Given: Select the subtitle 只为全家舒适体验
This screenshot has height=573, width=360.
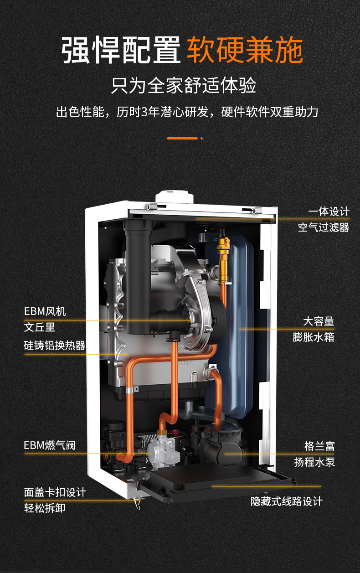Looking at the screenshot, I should click(184, 86).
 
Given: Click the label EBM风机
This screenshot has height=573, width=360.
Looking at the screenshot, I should click(45, 312).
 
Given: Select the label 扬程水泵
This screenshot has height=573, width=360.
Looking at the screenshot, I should click(314, 462).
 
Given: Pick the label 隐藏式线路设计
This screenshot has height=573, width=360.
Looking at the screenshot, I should click(287, 501).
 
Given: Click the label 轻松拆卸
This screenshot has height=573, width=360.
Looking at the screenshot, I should click(45, 508).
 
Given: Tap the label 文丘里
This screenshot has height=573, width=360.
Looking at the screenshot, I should click(40, 327).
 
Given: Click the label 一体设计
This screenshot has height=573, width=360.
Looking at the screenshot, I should click(329, 212).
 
